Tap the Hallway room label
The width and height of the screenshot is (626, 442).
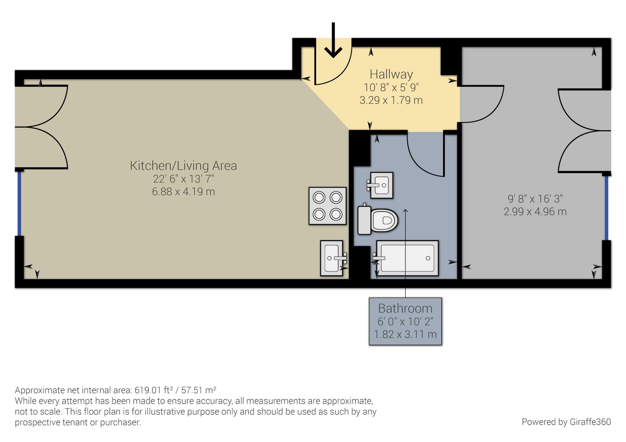[x=391, y=74]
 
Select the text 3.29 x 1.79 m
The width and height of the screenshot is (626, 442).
[x=391, y=100]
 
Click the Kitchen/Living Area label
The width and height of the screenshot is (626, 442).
[x=183, y=165]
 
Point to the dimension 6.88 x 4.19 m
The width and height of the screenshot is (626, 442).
[x=183, y=192]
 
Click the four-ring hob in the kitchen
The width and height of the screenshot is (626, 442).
[x=327, y=206]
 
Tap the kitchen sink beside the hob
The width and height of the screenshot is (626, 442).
[x=332, y=258]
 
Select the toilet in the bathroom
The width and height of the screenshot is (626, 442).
[x=384, y=220]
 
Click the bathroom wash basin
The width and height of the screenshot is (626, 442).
[x=381, y=185]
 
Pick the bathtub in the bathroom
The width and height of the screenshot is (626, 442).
[x=407, y=258]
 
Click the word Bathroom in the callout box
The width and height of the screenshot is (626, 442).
[x=405, y=308]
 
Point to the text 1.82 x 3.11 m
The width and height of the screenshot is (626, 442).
[x=405, y=334]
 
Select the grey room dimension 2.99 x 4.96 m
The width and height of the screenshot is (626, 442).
[x=535, y=212]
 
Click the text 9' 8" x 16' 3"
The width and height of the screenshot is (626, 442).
[x=535, y=199]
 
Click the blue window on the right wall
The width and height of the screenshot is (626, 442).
[x=606, y=208]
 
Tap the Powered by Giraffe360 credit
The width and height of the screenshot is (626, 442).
[x=566, y=422]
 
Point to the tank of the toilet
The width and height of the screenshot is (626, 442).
[x=364, y=220]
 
